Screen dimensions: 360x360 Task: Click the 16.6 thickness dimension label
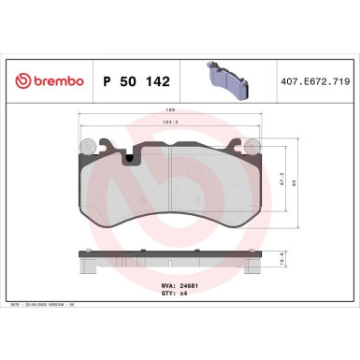tap(282, 264)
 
